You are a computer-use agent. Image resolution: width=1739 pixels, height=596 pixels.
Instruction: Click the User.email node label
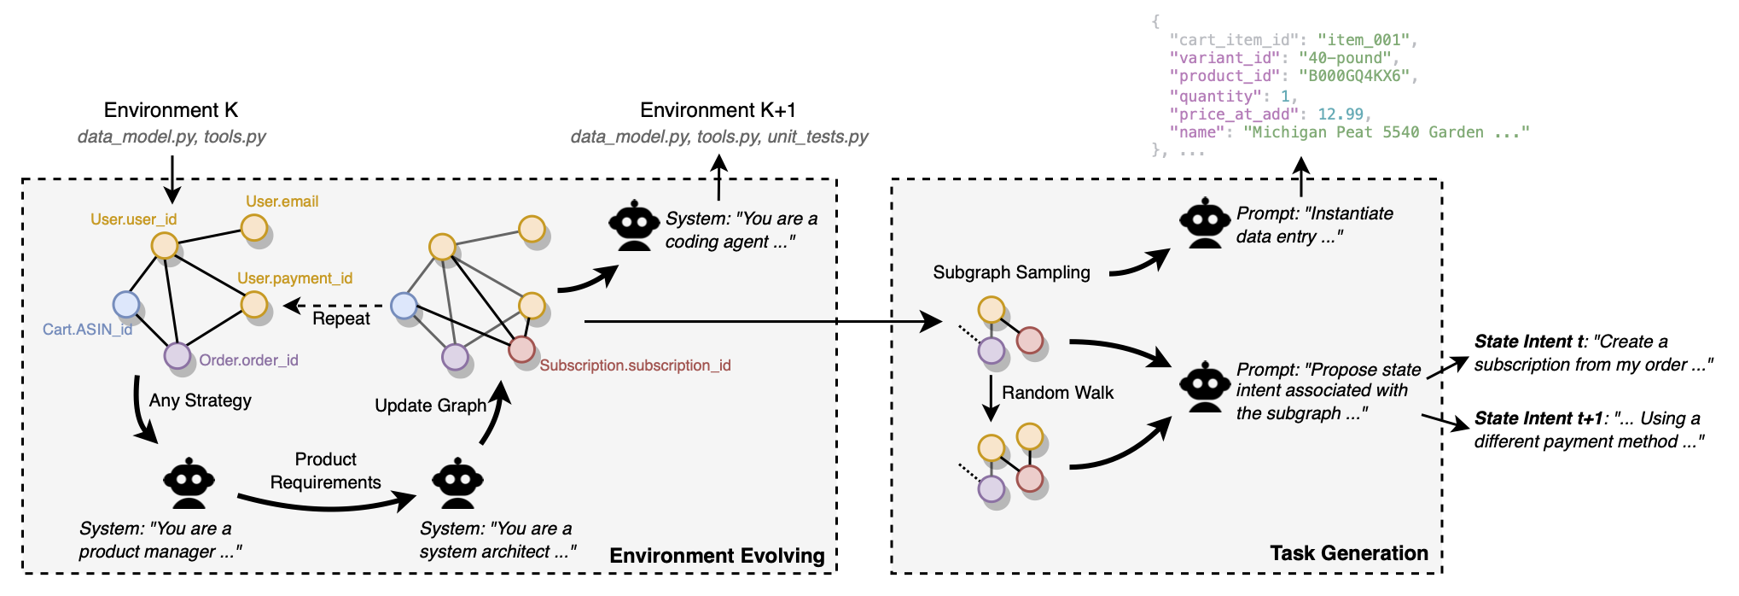(x=282, y=202)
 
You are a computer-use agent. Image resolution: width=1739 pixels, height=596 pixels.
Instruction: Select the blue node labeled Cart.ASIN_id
(x=126, y=304)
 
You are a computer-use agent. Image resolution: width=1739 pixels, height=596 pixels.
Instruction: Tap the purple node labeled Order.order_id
(x=177, y=355)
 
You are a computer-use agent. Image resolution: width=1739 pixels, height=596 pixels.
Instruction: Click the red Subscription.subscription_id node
(x=521, y=348)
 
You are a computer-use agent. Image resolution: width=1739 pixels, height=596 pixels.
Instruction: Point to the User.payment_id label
(x=294, y=278)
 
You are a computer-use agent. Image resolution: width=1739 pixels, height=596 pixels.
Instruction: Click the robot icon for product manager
(x=189, y=485)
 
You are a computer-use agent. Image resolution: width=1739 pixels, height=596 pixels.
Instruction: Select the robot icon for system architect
(x=457, y=485)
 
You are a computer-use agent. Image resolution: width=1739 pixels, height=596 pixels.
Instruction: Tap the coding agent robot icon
(x=634, y=225)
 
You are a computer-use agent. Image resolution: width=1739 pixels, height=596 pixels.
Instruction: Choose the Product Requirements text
(x=325, y=470)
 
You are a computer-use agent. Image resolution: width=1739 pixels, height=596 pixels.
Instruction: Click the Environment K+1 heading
(x=718, y=110)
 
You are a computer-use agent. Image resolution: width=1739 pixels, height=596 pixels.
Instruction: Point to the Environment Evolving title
(x=717, y=556)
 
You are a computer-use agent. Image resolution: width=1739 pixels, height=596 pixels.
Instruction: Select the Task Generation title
(x=1348, y=553)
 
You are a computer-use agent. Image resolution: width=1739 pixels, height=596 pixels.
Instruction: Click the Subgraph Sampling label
(x=1011, y=272)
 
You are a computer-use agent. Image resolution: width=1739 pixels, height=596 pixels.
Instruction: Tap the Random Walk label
(x=1057, y=393)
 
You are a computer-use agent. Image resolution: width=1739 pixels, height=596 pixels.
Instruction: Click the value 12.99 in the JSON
(x=1341, y=114)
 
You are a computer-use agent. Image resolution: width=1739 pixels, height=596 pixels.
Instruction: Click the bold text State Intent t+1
(x=1538, y=418)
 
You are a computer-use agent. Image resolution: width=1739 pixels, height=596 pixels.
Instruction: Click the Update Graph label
(x=430, y=406)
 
